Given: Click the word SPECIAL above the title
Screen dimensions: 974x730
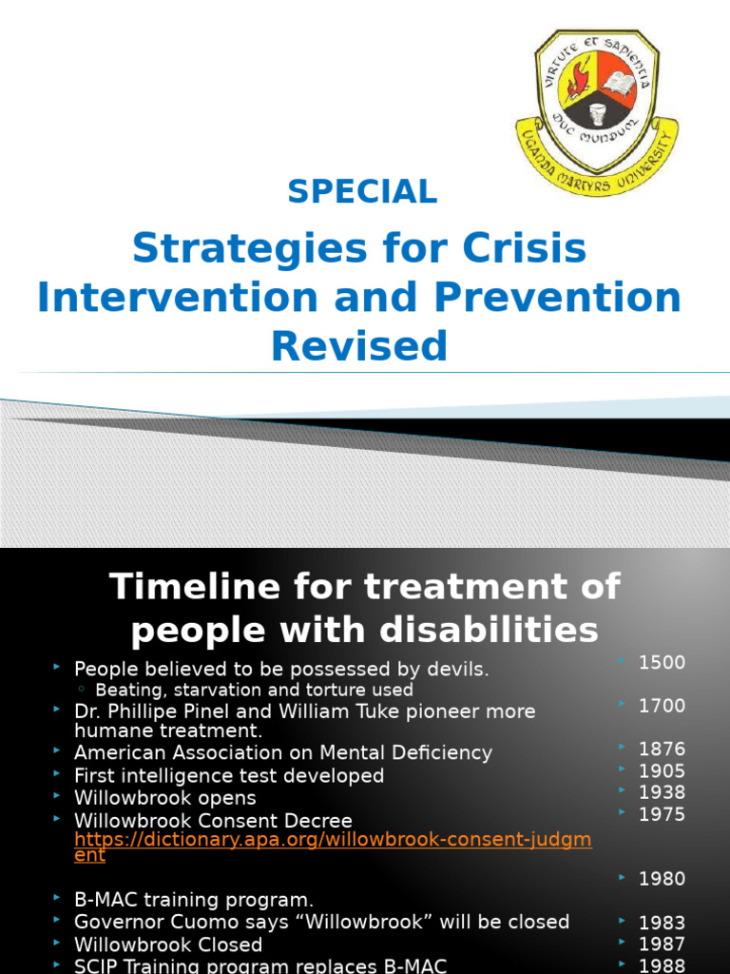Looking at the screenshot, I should click(362, 191).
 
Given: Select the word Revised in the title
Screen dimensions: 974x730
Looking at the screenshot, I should click(359, 346).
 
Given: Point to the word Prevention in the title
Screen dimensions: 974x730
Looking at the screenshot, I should click(558, 298).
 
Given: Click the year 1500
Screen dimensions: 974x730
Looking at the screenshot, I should click(662, 663).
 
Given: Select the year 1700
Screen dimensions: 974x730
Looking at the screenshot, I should click(662, 706).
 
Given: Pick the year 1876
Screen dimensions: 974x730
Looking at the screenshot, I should click(662, 749).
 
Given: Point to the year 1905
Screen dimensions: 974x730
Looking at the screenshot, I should click(662, 770).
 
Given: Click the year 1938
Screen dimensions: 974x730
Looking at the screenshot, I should click(662, 792).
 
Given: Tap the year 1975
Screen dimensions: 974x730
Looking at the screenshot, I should click(662, 814).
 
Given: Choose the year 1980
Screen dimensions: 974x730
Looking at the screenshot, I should click(662, 879).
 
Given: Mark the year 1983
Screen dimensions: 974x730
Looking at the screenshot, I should click(662, 923).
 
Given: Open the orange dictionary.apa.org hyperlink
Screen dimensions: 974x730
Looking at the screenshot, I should click(345, 841).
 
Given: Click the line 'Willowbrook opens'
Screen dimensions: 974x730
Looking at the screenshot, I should click(164, 798).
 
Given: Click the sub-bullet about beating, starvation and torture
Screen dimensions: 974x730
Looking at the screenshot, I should click(254, 690).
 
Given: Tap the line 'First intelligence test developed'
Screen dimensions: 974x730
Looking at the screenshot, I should click(228, 776).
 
